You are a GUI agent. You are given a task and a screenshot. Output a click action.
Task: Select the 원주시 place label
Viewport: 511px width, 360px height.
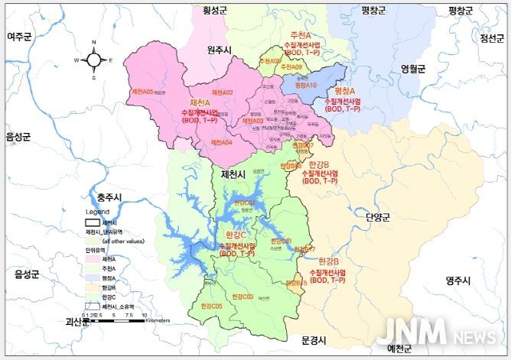(x=223, y=49)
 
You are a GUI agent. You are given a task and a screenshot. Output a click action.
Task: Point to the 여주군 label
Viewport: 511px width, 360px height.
(x=21, y=36)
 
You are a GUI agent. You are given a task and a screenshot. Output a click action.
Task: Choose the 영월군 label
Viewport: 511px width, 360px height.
(x=412, y=68)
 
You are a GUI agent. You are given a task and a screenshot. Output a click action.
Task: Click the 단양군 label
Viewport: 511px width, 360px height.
(x=378, y=217)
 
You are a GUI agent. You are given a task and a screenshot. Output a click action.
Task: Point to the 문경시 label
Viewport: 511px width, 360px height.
(x=314, y=339)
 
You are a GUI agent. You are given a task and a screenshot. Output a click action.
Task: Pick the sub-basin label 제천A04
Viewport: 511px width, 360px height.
(x=221, y=143)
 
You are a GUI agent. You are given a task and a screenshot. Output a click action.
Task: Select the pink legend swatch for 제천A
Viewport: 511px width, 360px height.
(x=93, y=260)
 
